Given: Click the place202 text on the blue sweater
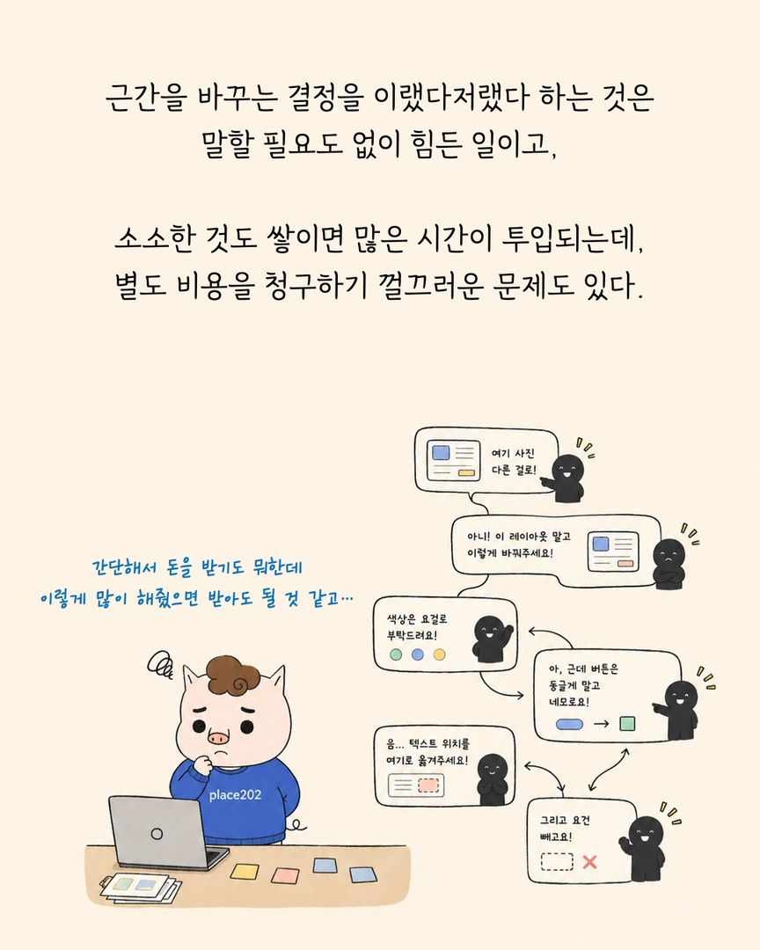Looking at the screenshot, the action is pos(235,794).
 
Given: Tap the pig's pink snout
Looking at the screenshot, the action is pos(219,738).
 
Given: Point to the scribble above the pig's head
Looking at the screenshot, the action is pos(160,665).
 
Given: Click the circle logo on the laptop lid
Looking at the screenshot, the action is pos(157,834).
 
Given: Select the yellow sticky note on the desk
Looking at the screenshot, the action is pos(245,872).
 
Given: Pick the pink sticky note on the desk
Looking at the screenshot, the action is pos(285,876).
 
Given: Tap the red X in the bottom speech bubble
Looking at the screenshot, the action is pos(589,861).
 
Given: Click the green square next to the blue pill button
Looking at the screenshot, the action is pos(627,723).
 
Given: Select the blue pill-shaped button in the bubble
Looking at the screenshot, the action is pos(569,724).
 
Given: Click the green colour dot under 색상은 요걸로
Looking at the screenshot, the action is pos(396,654).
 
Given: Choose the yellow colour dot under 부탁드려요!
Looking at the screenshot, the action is pos(440,654).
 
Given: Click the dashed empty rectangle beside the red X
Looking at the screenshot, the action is pos(556,861).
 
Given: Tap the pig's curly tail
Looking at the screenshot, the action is pos(299,824).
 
